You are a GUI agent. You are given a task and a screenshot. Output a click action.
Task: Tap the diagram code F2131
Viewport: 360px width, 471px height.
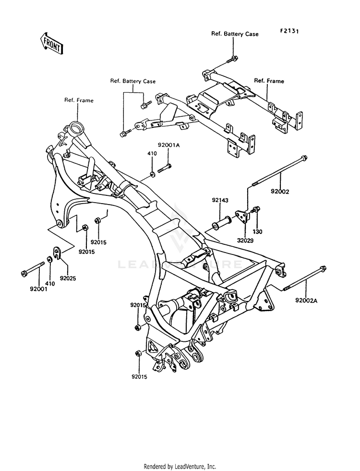(289, 31)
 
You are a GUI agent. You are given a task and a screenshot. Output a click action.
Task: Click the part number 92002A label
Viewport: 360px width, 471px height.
(306, 301)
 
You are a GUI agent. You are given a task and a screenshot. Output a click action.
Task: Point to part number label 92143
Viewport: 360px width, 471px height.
(220, 200)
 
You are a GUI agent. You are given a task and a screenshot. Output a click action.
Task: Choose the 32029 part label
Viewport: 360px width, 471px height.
(245, 241)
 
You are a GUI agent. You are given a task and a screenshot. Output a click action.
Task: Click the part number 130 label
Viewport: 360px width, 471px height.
(258, 231)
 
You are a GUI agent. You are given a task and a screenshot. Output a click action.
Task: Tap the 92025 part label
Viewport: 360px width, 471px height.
(68, 278)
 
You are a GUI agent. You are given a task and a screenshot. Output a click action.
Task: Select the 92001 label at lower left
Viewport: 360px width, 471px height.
(38, 289)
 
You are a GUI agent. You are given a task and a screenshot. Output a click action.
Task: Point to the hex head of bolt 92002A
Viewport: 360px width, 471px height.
(323, 268)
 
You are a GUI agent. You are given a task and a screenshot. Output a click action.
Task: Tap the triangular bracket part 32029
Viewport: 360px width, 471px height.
(242, 216)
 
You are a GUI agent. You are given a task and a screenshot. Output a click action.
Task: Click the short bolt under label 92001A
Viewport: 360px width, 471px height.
(164, 168)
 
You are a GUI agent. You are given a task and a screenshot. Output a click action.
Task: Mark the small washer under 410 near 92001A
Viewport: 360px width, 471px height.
(152, 173)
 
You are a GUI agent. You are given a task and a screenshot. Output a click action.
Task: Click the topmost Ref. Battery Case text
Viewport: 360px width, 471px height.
(235, 34)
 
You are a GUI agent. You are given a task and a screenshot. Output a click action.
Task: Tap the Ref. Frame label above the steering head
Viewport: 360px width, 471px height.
(79, 100)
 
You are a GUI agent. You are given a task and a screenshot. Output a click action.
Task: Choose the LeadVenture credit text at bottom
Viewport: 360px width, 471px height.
(180, 467)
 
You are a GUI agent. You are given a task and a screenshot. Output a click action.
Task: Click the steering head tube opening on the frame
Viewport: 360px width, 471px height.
(75, 126)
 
